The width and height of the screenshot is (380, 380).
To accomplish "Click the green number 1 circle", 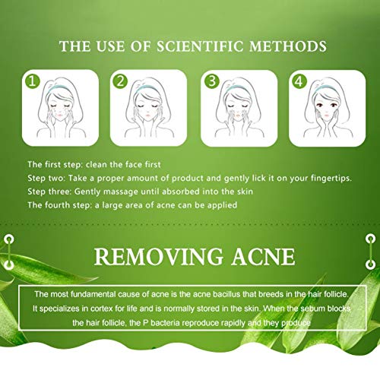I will [33, 79].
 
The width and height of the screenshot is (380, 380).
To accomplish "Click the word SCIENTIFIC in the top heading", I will [204, 46].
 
